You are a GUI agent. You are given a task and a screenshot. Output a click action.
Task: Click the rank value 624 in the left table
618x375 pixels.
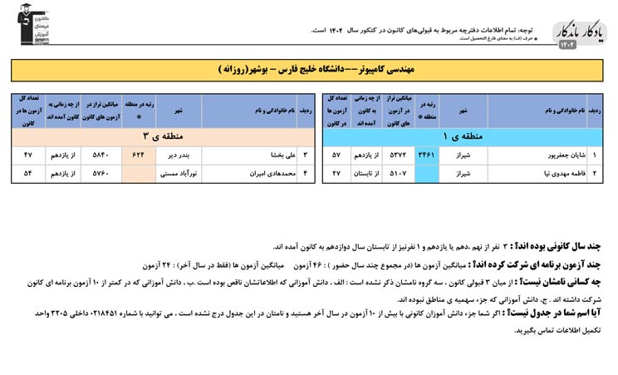click(137, 155)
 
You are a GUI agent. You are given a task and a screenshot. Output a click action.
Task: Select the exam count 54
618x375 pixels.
click(28, 174)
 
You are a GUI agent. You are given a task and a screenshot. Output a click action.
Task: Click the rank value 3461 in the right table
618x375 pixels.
click(425, 155)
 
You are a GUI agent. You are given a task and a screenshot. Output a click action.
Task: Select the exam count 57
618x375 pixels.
click(336, 155)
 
